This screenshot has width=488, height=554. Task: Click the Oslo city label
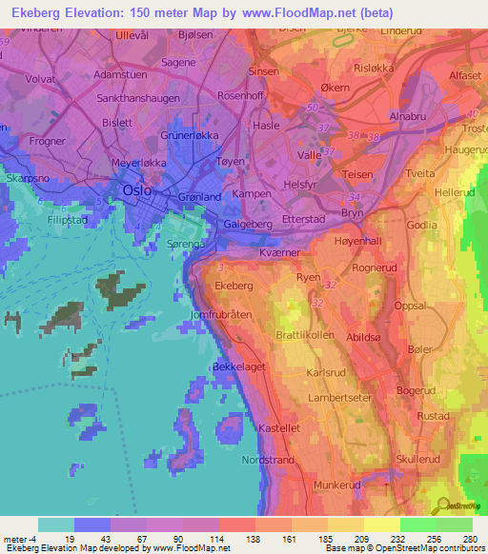click(x=137, y=190)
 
